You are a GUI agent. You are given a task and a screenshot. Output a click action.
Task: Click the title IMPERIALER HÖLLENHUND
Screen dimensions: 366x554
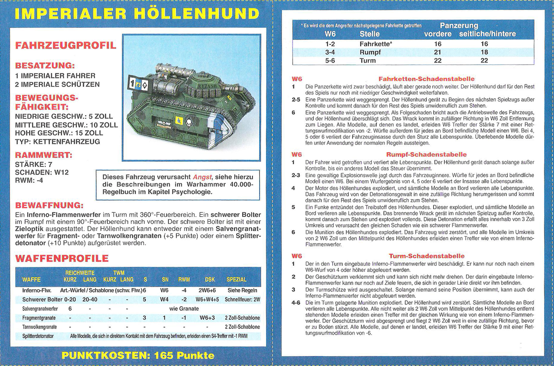[137, 14]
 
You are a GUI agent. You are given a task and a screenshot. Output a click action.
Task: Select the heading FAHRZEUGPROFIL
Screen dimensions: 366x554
[65, 45]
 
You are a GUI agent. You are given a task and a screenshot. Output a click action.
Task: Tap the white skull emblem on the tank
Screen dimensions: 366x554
[189, 123]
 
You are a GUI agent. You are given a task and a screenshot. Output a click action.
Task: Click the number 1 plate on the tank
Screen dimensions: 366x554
[132, 84]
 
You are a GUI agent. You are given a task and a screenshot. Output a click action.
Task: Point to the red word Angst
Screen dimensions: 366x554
[202, 177]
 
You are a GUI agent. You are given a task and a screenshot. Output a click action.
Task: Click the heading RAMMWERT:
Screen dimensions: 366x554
[44, 155]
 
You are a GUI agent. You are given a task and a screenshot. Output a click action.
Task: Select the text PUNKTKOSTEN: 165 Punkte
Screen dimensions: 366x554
[138, 355]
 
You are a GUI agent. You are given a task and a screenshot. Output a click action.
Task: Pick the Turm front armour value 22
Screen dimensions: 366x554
[438, 60]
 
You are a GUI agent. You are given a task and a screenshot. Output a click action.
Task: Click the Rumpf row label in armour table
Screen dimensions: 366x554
[370, 52]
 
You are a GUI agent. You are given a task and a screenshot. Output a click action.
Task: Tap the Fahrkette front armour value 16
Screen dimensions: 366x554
[438, 44]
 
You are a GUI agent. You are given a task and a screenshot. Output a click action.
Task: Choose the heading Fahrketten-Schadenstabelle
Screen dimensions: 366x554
[426, 79]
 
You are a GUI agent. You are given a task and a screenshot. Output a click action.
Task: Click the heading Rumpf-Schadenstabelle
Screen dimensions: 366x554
[426, 154]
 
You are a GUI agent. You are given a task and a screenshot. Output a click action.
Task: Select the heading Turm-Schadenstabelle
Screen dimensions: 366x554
[427, 256]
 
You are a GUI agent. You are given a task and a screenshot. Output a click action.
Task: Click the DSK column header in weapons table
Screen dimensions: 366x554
[210, 279]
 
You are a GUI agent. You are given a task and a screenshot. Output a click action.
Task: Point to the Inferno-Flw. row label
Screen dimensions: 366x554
[37, 290]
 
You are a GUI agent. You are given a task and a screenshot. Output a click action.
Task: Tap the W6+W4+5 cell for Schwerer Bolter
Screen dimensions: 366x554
[207, 299]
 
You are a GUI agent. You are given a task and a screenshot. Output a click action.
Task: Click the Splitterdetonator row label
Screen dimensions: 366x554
[38, 336]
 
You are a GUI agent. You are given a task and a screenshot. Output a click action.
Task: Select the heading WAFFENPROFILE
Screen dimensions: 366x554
[62, 258]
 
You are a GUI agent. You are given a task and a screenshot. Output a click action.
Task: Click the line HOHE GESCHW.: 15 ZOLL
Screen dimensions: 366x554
[59, 133]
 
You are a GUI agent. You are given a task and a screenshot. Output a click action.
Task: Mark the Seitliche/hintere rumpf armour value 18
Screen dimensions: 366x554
[484, 52]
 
